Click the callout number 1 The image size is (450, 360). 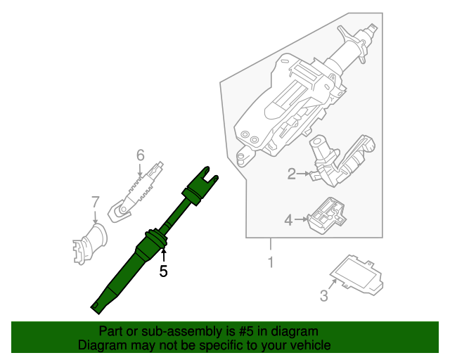pos(270,263)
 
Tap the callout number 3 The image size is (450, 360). pos(324,296)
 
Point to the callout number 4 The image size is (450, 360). pos(288,221)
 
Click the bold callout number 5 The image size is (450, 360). pos(163,271)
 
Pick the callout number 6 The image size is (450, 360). pos(140,155)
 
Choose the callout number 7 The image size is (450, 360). pos(96,203)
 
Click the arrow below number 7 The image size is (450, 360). pos(96,218)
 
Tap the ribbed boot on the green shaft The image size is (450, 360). pos(152,241)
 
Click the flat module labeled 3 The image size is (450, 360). pos(357,275)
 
